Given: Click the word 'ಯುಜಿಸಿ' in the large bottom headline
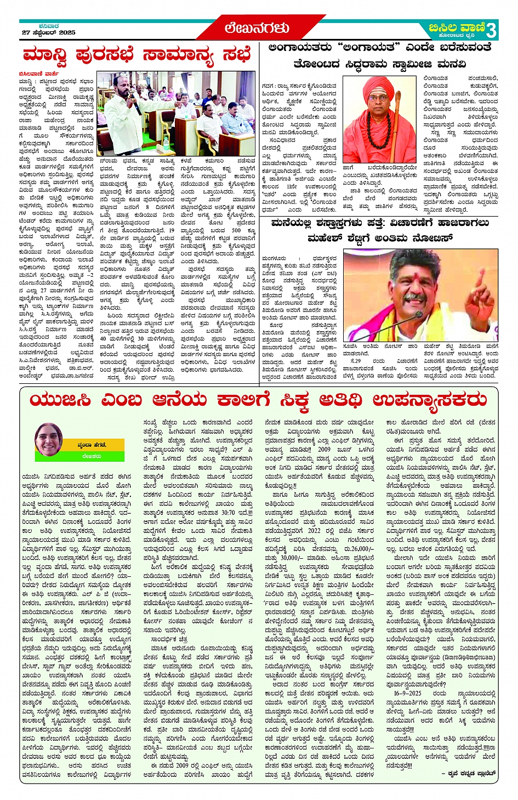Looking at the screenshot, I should [x=61, y=400].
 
